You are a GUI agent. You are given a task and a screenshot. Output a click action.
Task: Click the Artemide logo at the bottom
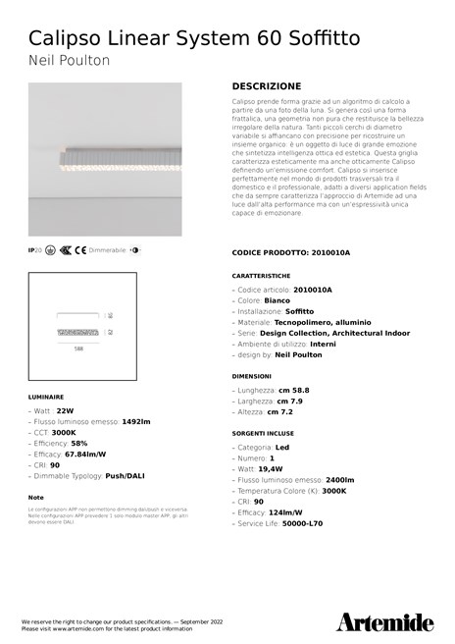384,621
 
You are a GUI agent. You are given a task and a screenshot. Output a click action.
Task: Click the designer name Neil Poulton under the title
69,61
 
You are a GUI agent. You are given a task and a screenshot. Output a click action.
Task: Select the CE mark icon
80,250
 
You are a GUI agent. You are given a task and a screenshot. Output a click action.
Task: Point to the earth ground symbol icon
49,250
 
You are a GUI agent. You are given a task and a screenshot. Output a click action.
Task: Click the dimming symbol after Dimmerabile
134,250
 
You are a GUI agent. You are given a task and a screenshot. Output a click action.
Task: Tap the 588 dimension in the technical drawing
78,348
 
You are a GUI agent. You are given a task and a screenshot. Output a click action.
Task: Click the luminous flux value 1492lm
135,421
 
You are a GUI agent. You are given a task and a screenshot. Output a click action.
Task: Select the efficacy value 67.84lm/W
85,455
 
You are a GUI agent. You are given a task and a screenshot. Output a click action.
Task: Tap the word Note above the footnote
36,498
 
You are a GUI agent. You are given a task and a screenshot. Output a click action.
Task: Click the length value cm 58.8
293,390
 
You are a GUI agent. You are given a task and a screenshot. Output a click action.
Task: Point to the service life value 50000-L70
302,523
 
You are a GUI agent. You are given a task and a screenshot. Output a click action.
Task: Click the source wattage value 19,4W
273,468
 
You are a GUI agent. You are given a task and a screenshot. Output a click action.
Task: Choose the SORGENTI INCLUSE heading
263,432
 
